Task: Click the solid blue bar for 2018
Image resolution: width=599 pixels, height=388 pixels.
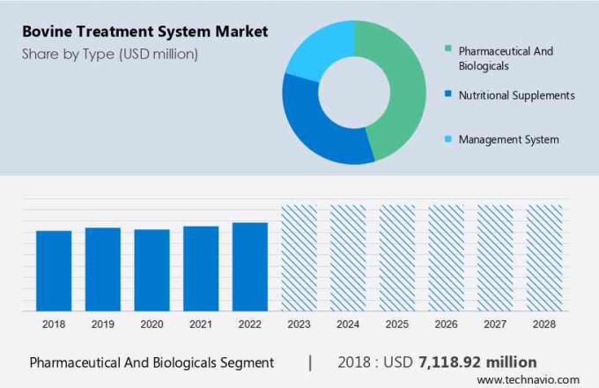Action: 53,271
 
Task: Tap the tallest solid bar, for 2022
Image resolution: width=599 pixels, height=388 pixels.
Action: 249,266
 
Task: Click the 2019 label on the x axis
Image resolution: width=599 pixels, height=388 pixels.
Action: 102,325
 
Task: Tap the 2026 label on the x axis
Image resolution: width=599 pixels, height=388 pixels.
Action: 446,325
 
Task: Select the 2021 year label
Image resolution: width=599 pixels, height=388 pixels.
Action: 200,325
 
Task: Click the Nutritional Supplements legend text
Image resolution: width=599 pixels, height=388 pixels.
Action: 516,95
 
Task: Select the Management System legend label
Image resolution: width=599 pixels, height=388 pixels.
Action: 508,139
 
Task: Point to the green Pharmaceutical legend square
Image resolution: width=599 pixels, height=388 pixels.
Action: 448,50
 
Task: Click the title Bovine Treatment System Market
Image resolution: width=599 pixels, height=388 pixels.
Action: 145,32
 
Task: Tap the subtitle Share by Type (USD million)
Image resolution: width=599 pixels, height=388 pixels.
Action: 110,55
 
